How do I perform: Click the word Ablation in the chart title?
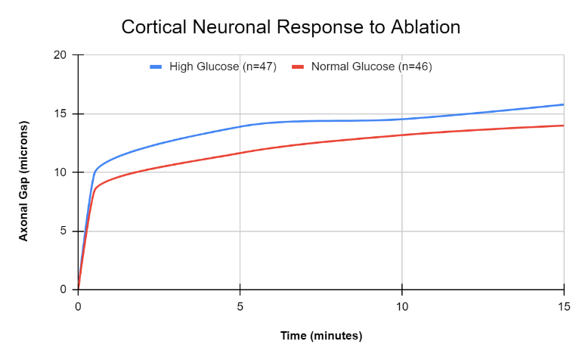426,27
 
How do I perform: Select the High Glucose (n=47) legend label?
223,67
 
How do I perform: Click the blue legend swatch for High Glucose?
156,67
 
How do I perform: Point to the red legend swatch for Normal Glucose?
298,67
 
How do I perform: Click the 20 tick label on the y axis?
60,55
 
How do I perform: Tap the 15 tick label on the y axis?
60,114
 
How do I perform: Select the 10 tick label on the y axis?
60,172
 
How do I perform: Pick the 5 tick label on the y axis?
63,231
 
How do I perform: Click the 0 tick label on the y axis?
63,290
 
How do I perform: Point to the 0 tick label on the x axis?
78,306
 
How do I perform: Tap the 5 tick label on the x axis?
240,306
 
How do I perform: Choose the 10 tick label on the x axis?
402,306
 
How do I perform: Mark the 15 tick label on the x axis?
564,306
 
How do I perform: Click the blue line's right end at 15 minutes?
563,104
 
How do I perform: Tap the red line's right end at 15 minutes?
563,126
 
